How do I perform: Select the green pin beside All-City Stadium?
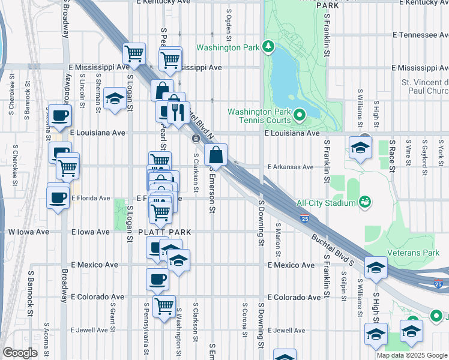point(364,202)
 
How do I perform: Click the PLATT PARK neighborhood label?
point(155,232)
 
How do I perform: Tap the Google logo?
point(20,353)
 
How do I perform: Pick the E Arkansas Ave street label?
point(291,167)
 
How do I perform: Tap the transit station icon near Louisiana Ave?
point(196,139)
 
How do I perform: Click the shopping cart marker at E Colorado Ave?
point(163,305)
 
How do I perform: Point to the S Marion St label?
point(279,236)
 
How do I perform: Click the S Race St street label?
point(391,157)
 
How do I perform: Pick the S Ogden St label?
point(229,23)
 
